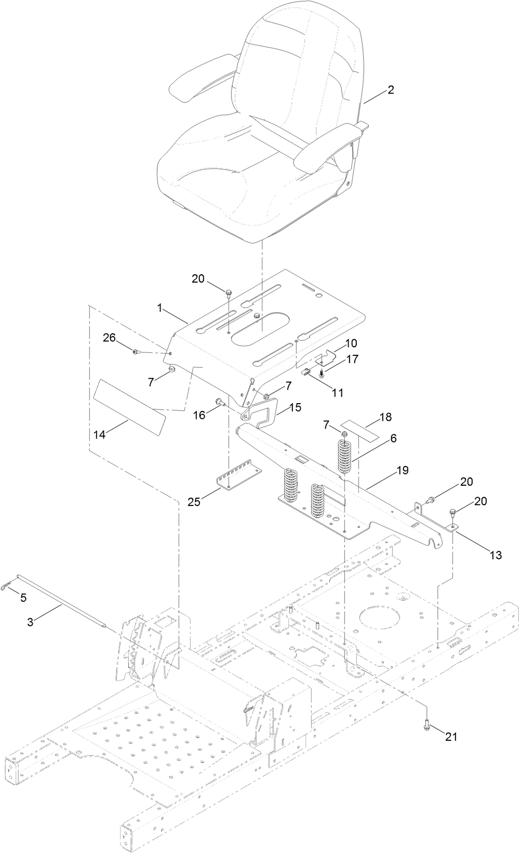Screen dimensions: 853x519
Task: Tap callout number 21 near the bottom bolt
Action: pyautogui.click(x=450, y=737)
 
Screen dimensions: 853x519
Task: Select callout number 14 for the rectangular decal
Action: pyautogui.click(x=99, y=435)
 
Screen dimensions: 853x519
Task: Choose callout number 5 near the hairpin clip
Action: pyautogui.click(x=23, y=598)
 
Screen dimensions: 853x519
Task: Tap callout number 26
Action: pyautogui.click(x=109, y=338)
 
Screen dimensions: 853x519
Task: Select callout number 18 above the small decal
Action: pyautogui.click(x=385, y=417)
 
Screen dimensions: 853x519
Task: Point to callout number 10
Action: pyautogui.click(x=351, y=343)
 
